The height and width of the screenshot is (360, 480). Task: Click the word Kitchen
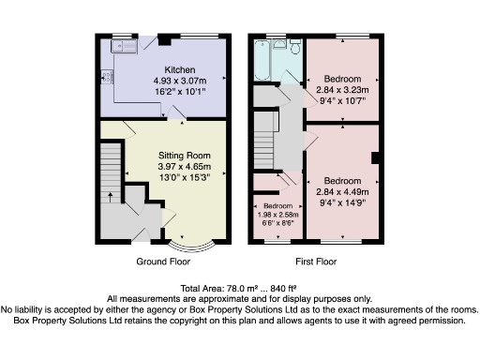tap(179, 70)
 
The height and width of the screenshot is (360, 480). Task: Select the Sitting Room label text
tap(184, 156)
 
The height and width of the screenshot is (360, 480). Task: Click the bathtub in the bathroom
tap(262, 63)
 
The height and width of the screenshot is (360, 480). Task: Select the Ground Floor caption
tap(164, 263)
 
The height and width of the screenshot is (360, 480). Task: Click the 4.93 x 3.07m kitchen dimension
tap(179, 82)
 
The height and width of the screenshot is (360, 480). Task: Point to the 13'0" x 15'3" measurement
tap(184, 177)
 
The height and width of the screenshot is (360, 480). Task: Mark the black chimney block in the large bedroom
tap(375, 157)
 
